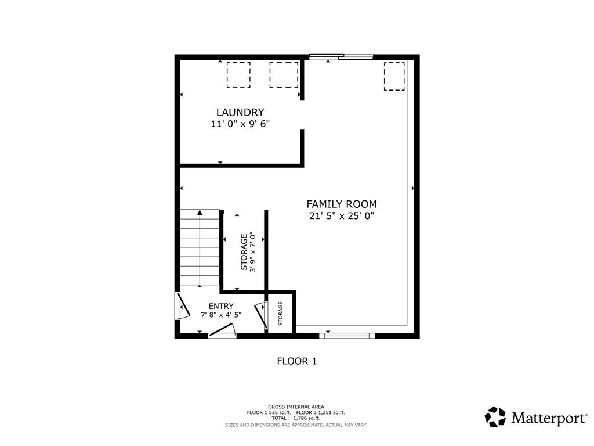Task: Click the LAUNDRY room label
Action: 240,112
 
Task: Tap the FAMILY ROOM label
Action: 342,204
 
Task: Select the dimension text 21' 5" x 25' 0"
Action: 342,216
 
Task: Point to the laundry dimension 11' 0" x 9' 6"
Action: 240,124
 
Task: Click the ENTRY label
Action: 221,306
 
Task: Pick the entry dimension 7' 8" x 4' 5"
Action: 221,315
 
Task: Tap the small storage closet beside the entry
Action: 281,313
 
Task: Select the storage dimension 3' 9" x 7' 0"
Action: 253,251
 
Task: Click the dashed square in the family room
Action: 394,77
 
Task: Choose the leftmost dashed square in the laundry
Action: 238,75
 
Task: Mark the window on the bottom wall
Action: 347,335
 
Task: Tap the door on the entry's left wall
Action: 182,305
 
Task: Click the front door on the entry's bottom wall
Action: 223,332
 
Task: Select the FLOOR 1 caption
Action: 296,361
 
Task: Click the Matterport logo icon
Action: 495,416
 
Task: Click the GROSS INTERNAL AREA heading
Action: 296,407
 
